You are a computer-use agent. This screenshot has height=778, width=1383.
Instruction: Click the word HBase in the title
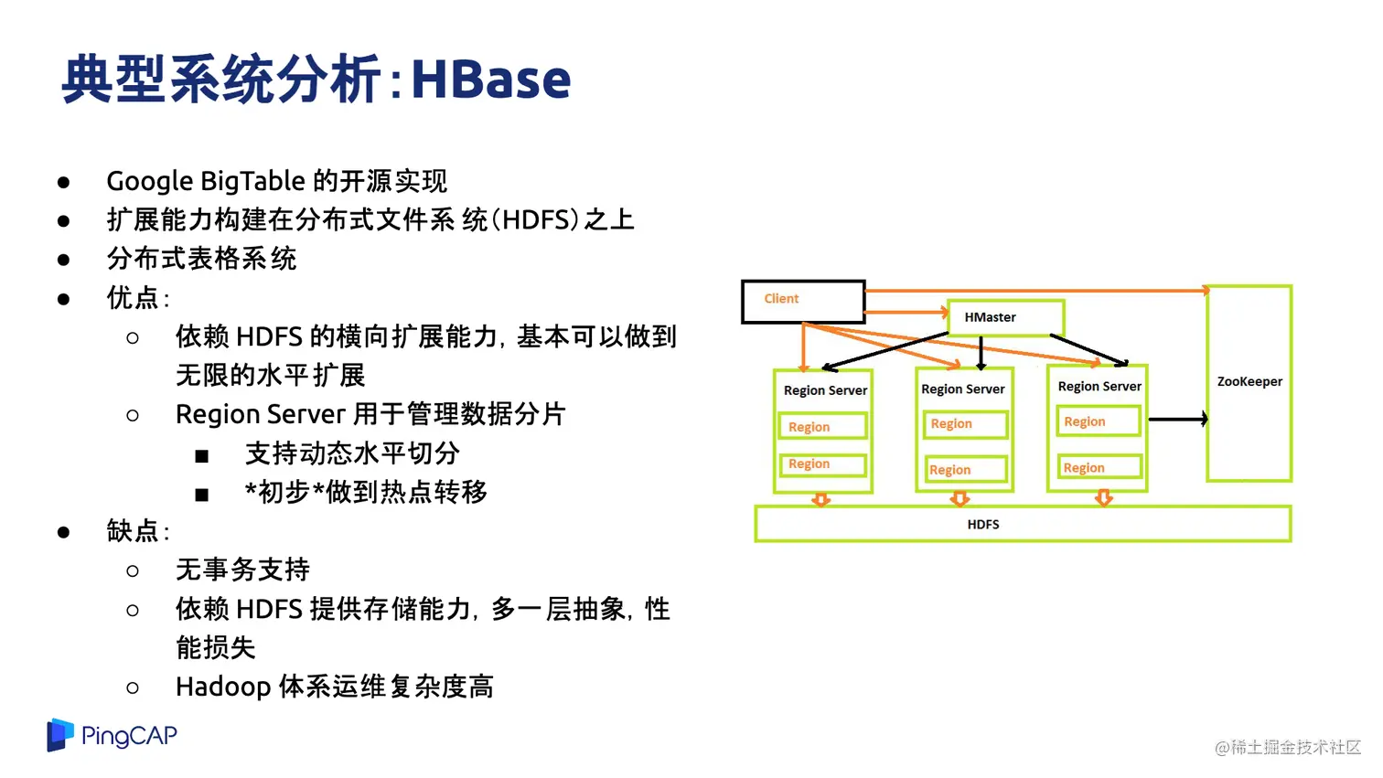(490, 80)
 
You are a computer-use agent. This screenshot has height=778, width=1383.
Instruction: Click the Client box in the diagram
(802, 301)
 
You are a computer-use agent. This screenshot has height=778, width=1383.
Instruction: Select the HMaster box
(1004, 317)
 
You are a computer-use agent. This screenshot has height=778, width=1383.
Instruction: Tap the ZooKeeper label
(1249, 381)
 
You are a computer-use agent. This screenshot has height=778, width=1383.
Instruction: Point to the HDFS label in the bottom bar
(982, 524)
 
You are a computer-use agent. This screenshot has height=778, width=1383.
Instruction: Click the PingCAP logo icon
(60, 734)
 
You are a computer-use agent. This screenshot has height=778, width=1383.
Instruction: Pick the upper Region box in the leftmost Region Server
(821, 427)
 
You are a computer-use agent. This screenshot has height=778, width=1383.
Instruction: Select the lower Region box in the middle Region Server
(964, 470)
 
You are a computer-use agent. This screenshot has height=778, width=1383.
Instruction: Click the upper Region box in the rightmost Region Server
(1098, 421)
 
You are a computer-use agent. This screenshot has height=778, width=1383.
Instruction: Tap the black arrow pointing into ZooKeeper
(1179, 419)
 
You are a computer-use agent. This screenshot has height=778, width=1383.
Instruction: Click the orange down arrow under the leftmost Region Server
(820, 499)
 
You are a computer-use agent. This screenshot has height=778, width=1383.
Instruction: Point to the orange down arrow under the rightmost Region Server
(1103, 498)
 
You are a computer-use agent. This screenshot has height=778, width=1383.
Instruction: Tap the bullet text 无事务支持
(242, 570)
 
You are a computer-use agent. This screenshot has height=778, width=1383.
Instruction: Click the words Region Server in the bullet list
(260, 414)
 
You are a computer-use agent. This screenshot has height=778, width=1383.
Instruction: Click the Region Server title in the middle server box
(962, 389)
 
